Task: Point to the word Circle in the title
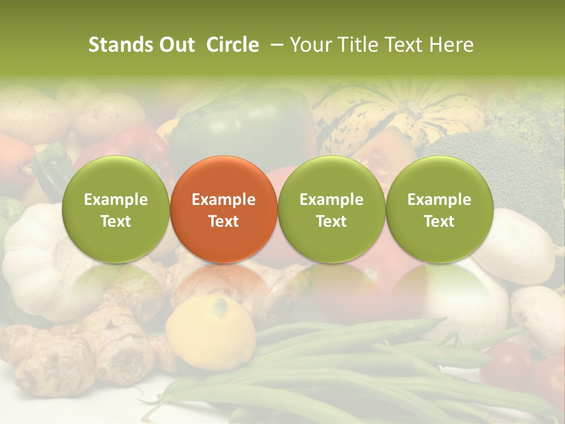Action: pos(232,45)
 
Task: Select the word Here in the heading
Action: pos(451,45)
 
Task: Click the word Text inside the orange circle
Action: pos(224,221)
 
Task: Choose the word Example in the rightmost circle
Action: pos(439,200)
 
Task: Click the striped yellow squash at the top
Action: pos(400,112)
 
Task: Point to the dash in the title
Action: pos(274,45)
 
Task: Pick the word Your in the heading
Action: pos(311,45)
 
